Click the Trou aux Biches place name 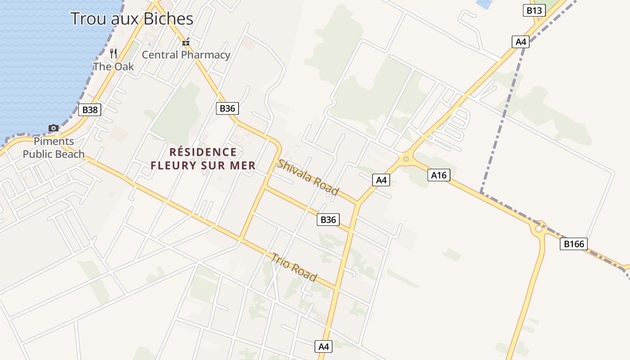[x=132, y=18]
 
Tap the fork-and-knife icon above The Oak [x=113, y=54]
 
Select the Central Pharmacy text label [x=186, y=55]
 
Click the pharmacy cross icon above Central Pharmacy [x=185, y=43]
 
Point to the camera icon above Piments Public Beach [x=54, y=128]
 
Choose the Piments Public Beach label [x=54, y=148]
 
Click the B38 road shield [x=90, y=110]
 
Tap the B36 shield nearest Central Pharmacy [x=227, y=108]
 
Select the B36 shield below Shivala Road [x=328, y=220]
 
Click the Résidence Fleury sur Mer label [x=203, y=159]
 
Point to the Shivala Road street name [x=307, y=177]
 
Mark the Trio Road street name [x=294, y=267]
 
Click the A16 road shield [x=439, y=175]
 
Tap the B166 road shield [x=574, y=244]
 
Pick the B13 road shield [x=534, y=10]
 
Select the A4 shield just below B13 [x=521, y=42]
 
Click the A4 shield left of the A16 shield [x=381, y=180]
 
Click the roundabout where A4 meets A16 [x=406, y=158]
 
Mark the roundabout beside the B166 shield [x=539, y=229]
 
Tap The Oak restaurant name [x=113, y=67]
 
